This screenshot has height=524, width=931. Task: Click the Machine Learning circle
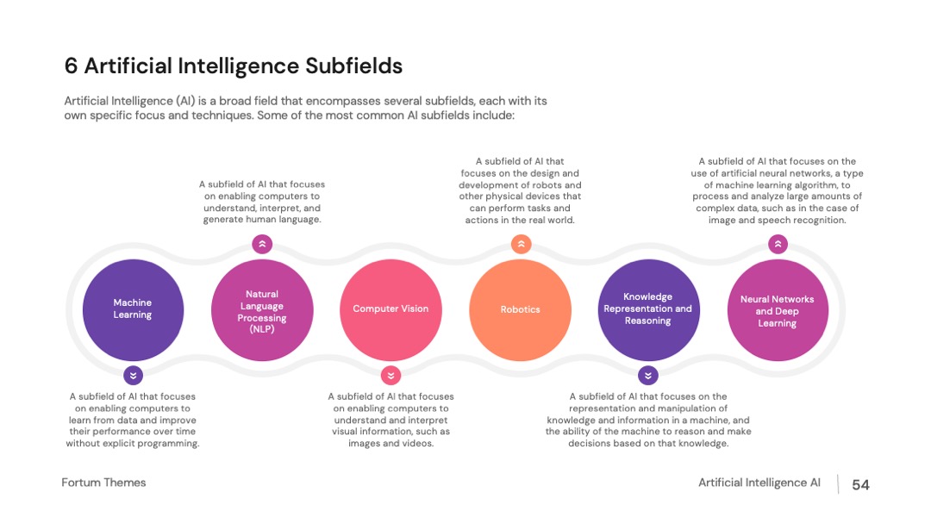tap(133, 309)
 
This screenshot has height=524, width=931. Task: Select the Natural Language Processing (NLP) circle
tap(262, 309)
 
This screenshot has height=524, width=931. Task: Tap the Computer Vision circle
tap(391, 309)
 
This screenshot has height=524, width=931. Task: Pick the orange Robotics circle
tap(520, 309)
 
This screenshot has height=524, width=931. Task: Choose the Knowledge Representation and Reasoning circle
tap(648, 309)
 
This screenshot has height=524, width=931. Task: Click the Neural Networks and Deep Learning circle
tap(778, 309)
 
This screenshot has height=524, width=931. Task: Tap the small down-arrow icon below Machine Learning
tap(133, 376)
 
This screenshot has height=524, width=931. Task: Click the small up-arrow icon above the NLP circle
tap(262, 244)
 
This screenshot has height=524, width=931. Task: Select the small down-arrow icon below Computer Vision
tap(391, 376)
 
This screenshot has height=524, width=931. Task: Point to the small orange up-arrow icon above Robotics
tap(521, 244)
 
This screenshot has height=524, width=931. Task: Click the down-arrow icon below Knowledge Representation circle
tap(647, 376)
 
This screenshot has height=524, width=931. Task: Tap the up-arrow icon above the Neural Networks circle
tap(778, 244)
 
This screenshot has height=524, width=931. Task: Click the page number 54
tap(860, 485)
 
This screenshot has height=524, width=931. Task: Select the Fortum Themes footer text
tap(103, 483)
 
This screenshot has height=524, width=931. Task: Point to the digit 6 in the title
tap(71, 65)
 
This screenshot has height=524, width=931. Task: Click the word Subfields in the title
tap(354, 65)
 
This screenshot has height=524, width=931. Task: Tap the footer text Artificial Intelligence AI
tap(759, 483)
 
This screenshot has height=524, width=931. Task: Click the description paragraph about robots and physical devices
tap(520, 190)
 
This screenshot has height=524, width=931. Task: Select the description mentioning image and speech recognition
tap(777, 190)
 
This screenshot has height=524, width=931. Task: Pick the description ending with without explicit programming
tap(133, 420)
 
